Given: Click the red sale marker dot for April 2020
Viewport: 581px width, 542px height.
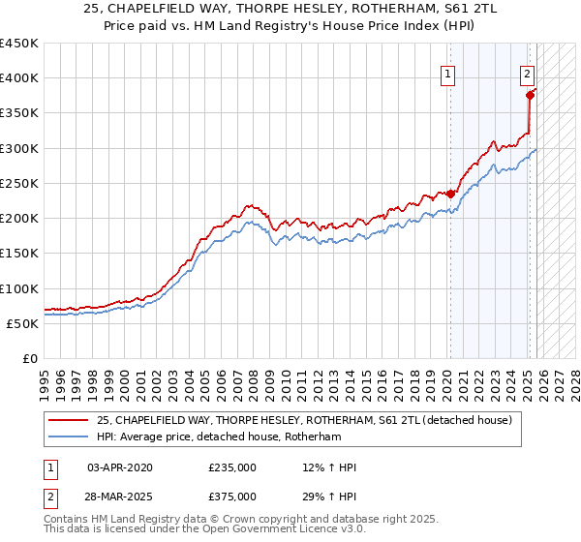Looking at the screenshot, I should pos(450,194).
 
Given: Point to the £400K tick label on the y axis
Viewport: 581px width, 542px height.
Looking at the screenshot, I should pos(19,78).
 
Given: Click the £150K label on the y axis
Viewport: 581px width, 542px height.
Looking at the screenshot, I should pos(19,254).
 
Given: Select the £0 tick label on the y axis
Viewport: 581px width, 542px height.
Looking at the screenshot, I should pos(29,358).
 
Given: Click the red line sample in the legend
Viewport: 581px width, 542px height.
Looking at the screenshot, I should pos(69,419).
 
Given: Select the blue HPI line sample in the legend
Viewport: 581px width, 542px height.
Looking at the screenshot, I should pos(69,437).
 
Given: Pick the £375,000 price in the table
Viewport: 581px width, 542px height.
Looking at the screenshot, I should pos(232,496).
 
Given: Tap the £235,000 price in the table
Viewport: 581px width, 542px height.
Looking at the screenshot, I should pos(232,467).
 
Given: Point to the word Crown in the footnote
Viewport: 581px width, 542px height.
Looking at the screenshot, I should pos(229,521).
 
